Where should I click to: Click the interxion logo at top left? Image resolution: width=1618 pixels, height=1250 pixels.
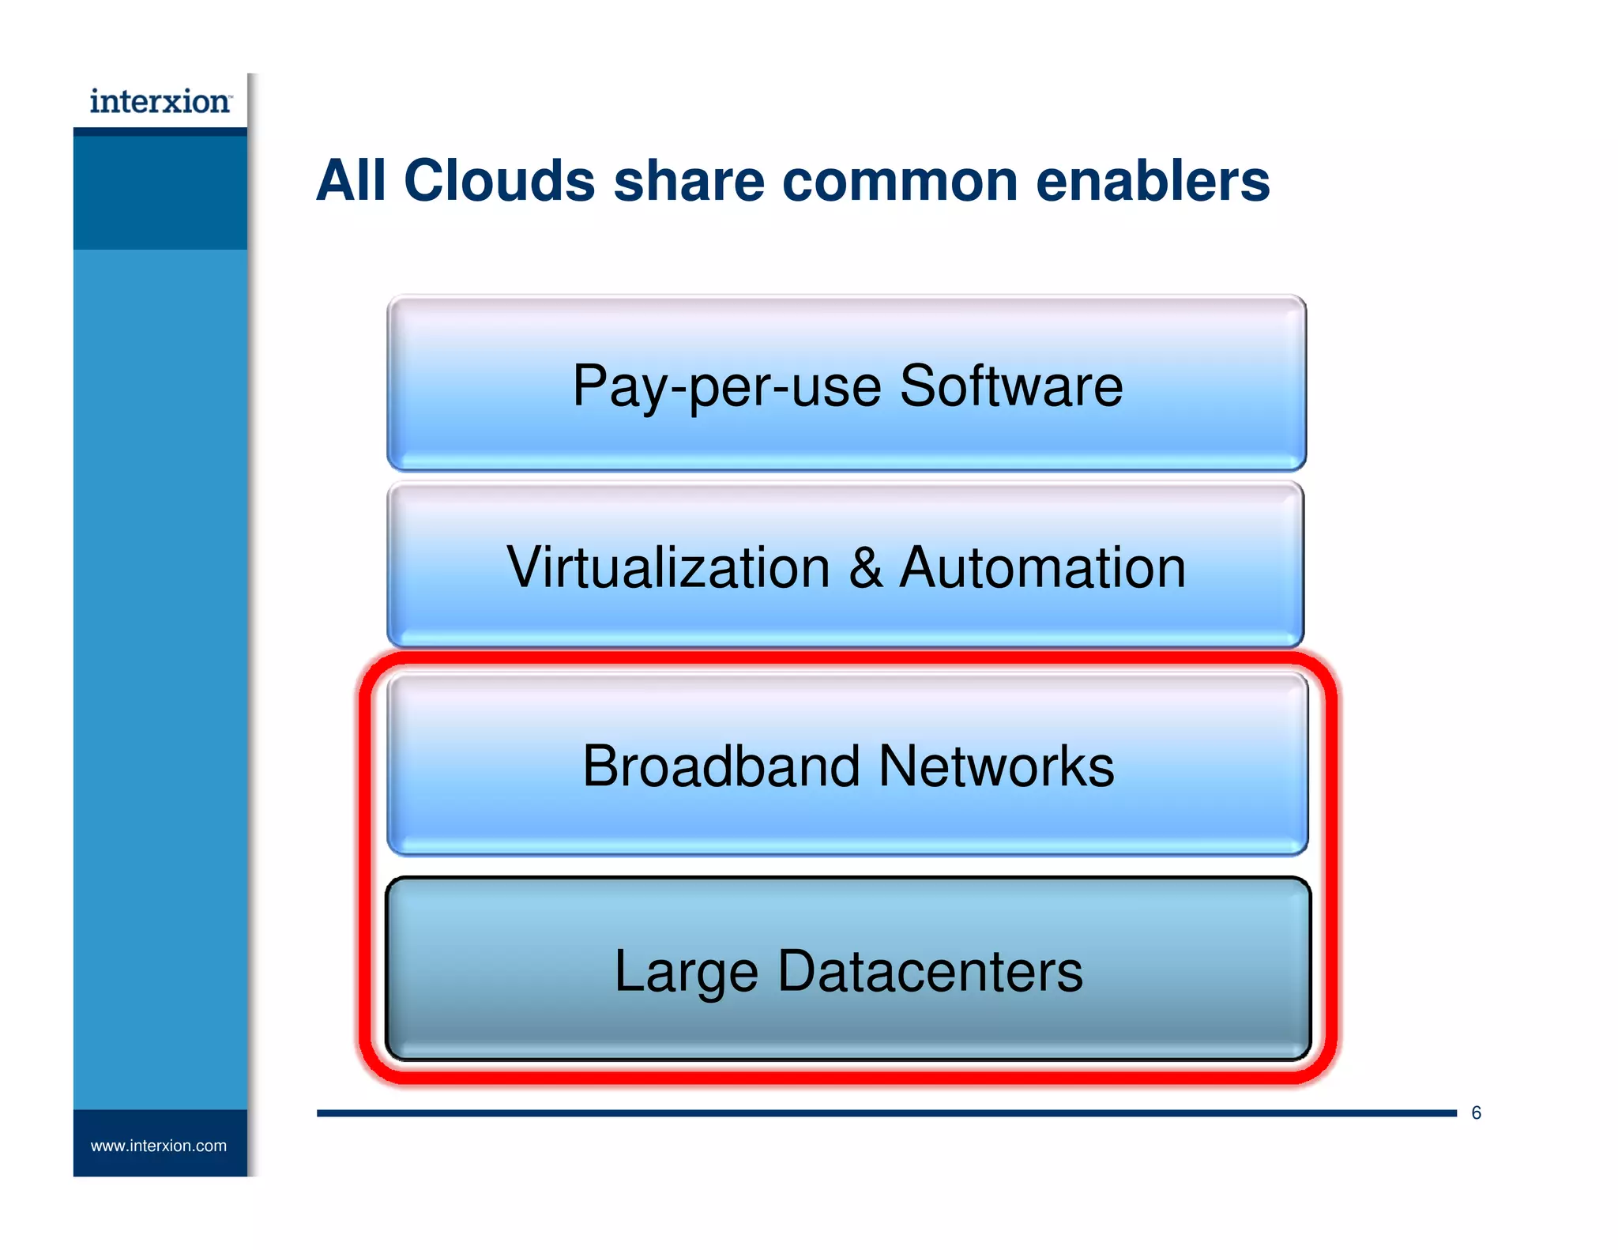(160, 102)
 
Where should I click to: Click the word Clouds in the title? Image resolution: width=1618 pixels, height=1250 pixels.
(499, 181)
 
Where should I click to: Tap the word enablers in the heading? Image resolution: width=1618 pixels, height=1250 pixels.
(1152, 181)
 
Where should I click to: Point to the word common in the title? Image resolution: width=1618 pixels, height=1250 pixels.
(900, 181)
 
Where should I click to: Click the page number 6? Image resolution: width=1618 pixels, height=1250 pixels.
(1476, 1113)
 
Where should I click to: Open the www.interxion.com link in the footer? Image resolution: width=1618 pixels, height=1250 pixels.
(159, 1146)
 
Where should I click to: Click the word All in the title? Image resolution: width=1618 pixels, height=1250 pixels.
(351, 181)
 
